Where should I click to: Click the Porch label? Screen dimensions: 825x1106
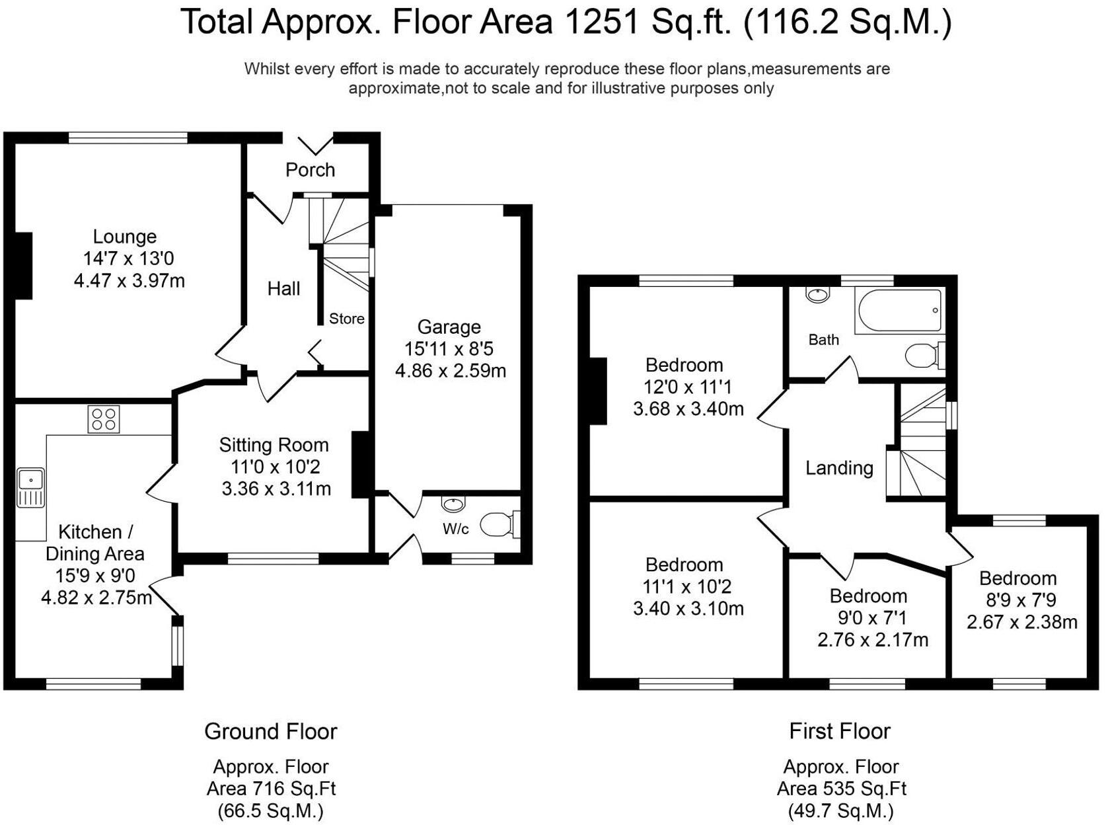(310, 170)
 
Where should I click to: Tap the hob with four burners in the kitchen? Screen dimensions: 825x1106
(104, 419)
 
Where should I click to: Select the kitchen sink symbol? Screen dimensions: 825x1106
(30, 487)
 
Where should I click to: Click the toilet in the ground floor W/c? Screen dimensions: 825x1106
(499, 526)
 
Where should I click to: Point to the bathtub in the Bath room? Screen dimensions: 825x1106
(899, 310)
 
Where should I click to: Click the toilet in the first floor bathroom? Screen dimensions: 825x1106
(924, 356)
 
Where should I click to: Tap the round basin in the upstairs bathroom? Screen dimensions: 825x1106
(818, 295)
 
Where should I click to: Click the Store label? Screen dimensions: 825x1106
(346, 319)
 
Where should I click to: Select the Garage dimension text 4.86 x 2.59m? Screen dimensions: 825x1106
(451, 371)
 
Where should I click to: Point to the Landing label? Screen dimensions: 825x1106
(839, 468)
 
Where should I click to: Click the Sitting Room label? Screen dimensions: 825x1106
(274, 445)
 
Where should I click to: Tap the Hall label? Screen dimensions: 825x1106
(283, 288)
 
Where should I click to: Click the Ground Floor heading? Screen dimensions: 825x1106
(270, 731)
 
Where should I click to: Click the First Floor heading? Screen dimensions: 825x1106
(839, 731)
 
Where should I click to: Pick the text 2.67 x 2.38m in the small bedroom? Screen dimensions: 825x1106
(1021, 622)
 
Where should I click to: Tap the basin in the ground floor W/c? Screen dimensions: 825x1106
(453, 505)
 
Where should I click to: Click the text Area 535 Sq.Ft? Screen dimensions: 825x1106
(841, 789)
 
